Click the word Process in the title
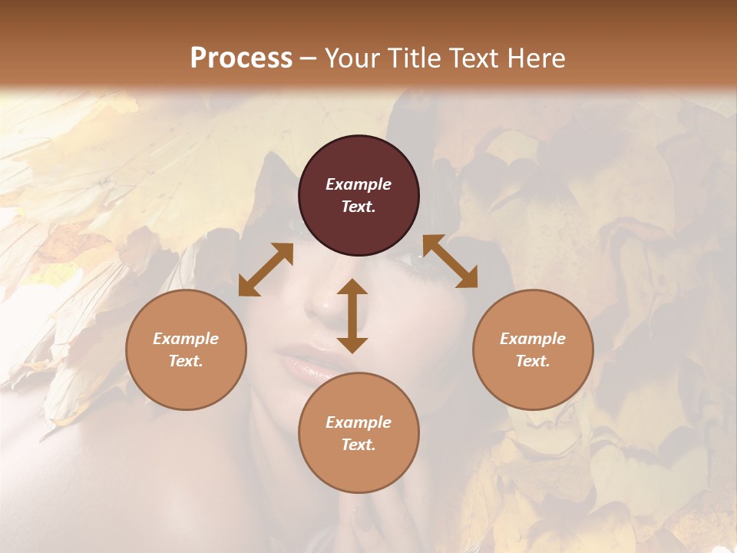(x=241, y=58)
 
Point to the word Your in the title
(x=349, y=58)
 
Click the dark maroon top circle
(x=359, y=196)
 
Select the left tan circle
(x=186, y=350)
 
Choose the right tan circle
(x=533, y=350)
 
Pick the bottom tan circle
(x=359, y=433)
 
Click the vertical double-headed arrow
(x=352, y=316)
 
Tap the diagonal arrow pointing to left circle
(x=266, y=270)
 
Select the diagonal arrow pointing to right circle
(x=450, y=262)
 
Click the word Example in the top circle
(x=359, y=184)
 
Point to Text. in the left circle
(x=186, y=361)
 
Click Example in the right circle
(x=533, y=339)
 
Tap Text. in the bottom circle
(x=359, y=445)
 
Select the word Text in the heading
(x=468, y=58)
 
